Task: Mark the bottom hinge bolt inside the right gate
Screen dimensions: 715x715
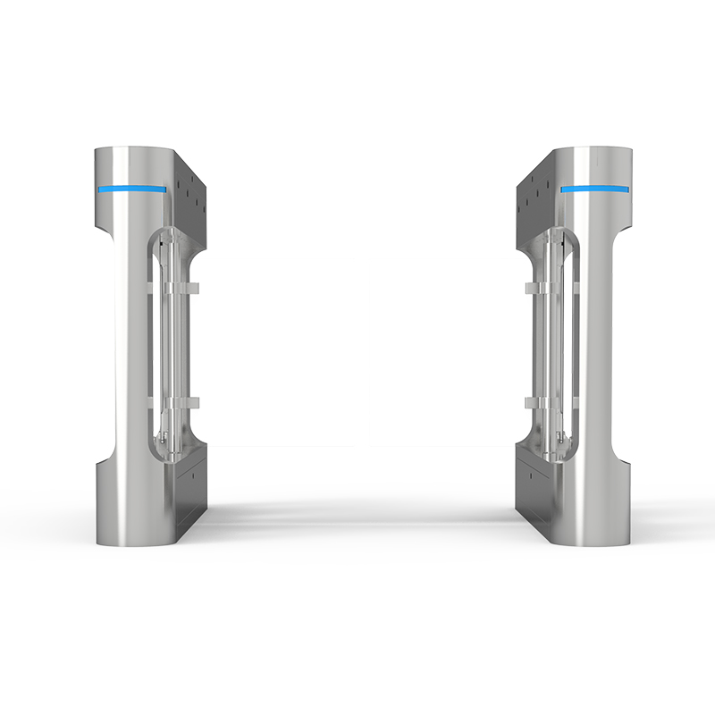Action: click(x=559, y=437)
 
